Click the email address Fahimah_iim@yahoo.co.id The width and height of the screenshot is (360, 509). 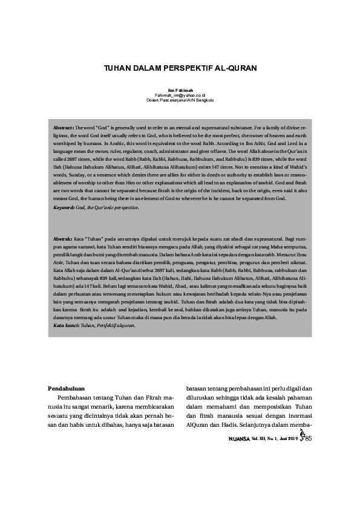[180, 96]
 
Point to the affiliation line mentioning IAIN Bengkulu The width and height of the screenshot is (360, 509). [180, 100]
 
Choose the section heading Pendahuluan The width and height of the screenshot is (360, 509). [65, 387]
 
